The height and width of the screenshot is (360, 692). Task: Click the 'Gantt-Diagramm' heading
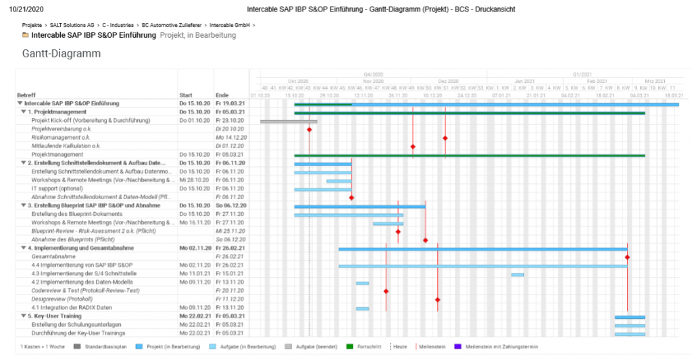61,53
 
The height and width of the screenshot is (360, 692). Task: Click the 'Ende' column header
222,95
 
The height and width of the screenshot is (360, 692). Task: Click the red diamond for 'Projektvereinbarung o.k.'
310,129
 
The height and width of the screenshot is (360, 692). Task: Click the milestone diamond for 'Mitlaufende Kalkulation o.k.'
413,146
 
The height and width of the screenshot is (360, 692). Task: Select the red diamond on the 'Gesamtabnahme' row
627,257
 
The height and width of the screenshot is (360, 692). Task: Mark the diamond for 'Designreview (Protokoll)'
437,299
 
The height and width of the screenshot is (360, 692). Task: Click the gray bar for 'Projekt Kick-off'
289,121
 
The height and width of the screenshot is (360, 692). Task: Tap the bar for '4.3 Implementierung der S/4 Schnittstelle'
518,274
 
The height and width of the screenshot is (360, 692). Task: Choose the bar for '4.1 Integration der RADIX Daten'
363,309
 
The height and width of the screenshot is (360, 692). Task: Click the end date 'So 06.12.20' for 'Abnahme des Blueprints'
226,240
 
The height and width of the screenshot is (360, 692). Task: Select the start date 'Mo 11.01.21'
193,274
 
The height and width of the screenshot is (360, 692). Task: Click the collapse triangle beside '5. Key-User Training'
21,316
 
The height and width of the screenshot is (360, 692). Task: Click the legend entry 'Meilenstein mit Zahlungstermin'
492,346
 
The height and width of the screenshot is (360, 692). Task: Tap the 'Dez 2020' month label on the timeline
447,81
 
